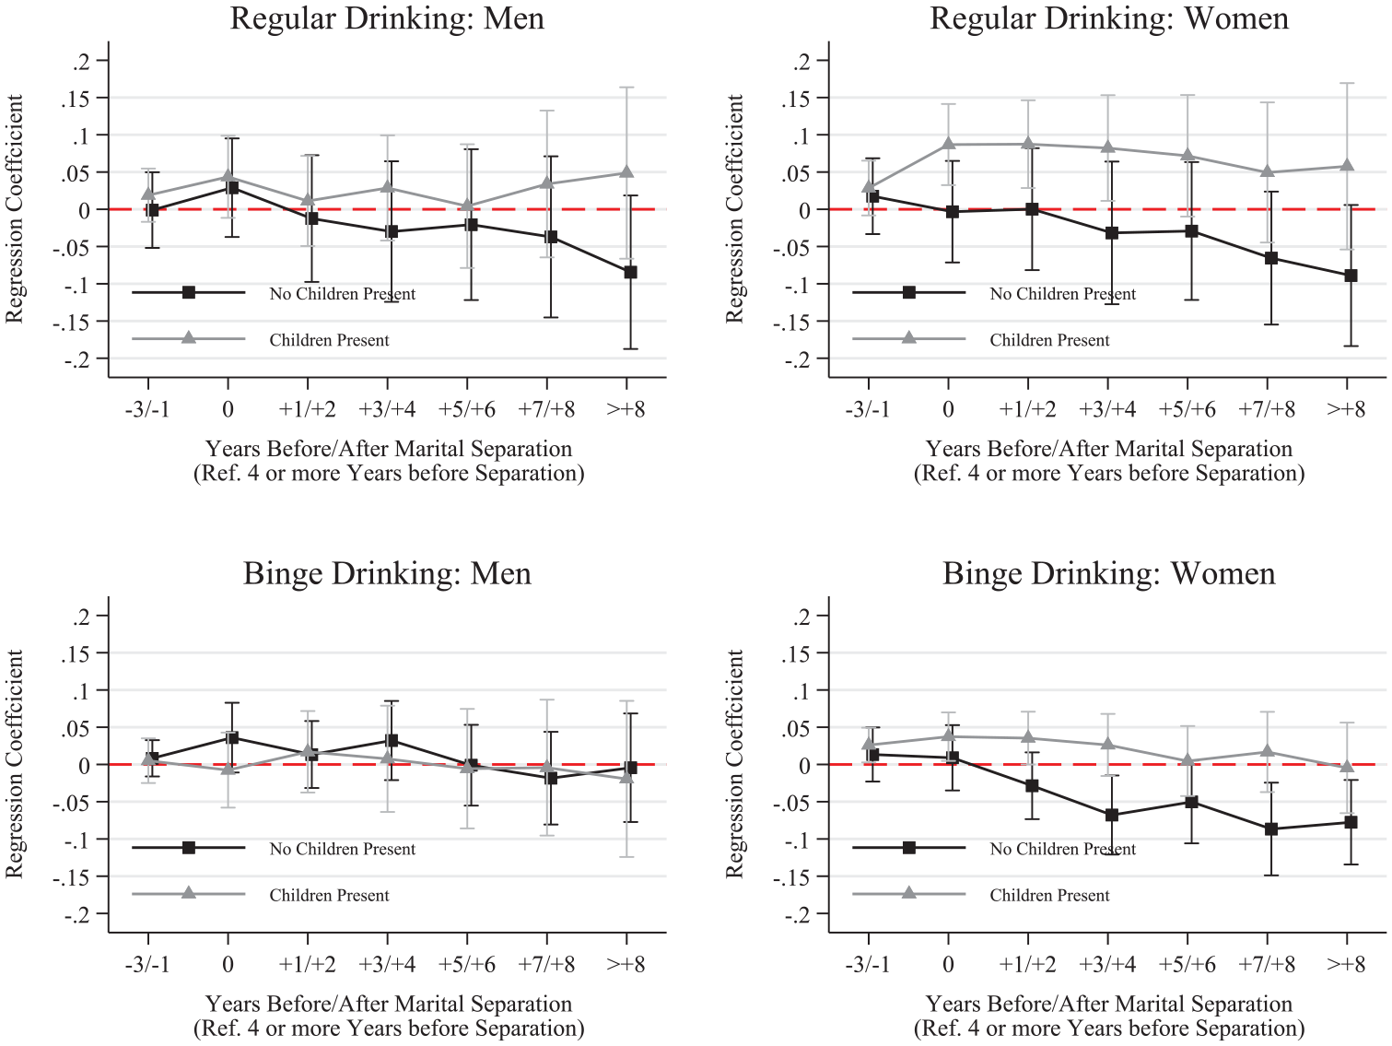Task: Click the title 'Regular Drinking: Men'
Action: point(387,18)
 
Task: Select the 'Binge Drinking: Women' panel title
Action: point(1108,573)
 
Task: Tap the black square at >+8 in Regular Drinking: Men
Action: point(630,272)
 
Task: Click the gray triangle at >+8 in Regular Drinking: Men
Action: point(626,172)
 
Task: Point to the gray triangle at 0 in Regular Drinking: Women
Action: point(949,144)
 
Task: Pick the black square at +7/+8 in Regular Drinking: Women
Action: point(1271,258)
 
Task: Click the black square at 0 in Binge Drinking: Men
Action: point(232,737)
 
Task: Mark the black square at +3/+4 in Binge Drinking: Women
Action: point(1112,815)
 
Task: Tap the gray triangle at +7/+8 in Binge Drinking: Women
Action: point(1267,752)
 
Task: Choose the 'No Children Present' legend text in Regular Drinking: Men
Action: point(343,294)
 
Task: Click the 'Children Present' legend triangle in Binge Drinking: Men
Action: point(188,893)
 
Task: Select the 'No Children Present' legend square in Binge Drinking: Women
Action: point(908,848)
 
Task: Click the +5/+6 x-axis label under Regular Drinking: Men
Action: point(467,410)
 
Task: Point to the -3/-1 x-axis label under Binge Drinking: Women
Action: point(868,965)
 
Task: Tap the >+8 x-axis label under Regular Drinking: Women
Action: point(1346,410)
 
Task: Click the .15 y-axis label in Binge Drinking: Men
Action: point(76,654)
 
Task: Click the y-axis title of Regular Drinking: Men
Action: point(14,209)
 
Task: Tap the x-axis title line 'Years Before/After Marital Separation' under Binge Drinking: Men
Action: point(388,1004)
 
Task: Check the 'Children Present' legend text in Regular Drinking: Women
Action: point(1049,340)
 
